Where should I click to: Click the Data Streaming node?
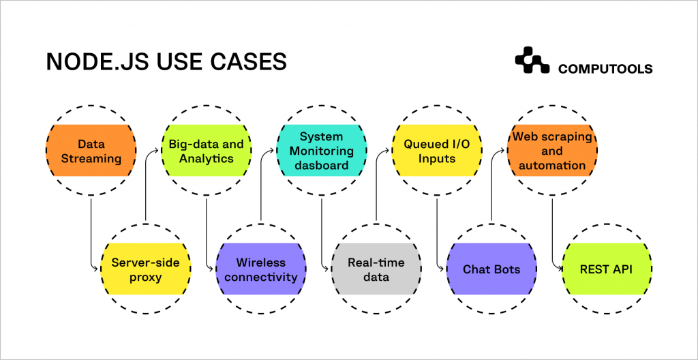90,151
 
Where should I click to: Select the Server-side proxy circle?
146,269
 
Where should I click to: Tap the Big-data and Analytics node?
206,151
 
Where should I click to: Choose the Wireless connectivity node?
261,269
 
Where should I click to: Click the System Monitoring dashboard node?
321,151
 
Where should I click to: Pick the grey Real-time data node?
376,269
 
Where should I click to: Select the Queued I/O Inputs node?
437,151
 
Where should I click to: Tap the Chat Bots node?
491,269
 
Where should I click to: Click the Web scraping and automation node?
552,151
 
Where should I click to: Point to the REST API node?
606,269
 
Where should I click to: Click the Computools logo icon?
532,61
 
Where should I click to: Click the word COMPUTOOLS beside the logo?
605,69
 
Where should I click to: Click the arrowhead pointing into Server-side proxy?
96,269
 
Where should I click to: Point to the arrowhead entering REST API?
558,269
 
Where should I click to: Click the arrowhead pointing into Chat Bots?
442,269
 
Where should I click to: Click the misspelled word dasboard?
321,165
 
